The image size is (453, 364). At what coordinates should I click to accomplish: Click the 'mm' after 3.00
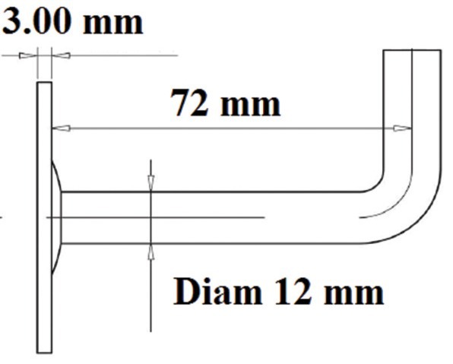pos(113,24)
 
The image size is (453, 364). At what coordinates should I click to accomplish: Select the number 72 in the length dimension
pos(189,103)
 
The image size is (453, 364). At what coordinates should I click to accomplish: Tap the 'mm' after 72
pos(250,106)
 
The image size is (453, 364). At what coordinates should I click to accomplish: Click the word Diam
pos(217,291)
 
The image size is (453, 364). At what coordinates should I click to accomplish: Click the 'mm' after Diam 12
pos(353,294)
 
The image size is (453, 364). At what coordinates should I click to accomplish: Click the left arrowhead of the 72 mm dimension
pos(61,128)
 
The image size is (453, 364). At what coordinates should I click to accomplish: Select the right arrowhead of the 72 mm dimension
pos(402,128)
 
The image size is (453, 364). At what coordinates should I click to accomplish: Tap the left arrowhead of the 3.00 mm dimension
pos(28,55)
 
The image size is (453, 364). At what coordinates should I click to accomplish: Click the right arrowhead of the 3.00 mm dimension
pos(61,55)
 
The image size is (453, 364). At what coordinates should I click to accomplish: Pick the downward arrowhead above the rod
pos(150,182)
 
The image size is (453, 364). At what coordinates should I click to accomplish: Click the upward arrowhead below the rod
pos(150,252)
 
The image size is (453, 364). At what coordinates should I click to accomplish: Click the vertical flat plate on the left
pos(45,217)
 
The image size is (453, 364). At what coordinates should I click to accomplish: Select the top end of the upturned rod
pos(412,50)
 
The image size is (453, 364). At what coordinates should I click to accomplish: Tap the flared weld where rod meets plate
pos(56,217)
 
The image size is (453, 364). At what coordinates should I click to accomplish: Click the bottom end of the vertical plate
pos(45,353)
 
